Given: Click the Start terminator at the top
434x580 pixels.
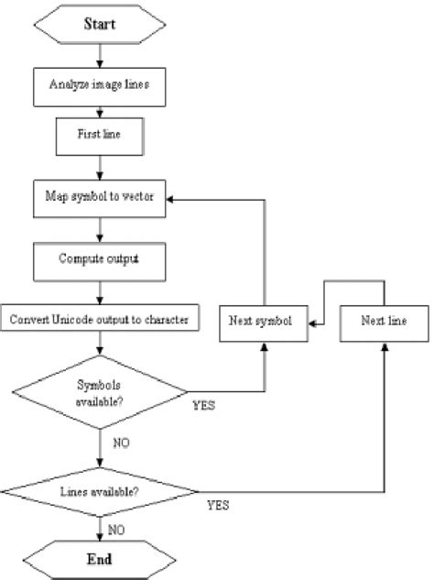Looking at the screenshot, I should [x=100, y=24].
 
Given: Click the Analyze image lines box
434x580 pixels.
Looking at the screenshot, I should [x=99, y=87].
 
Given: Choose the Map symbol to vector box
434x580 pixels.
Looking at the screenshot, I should [x=100, y=197].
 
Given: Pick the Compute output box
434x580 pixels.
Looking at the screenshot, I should [x=99, y=259].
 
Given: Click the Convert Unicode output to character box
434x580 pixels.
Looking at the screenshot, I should [x=99, y=320].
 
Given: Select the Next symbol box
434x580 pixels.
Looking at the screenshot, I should [x=264, y=323].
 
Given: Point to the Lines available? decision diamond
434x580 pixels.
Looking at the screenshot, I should [x=99, y=490].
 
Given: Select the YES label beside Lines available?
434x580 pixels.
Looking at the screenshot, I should [x=218, y=505].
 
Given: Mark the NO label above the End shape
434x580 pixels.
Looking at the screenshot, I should [x=115, y=530].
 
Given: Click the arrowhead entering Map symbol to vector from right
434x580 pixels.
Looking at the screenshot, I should [x=173, y=197].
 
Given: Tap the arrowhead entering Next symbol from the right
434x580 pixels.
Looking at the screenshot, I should [x=312, y=323].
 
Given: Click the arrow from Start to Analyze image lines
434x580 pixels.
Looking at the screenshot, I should [x=99, y=55].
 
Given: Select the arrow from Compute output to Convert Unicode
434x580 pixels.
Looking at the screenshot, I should [x=99, y=290].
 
